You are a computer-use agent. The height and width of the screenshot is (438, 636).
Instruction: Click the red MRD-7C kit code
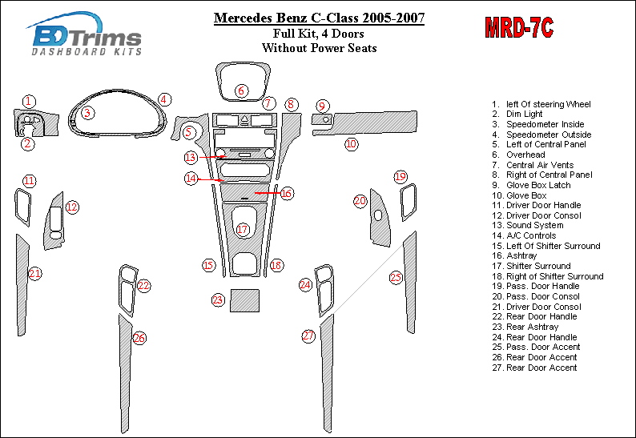(519, 28)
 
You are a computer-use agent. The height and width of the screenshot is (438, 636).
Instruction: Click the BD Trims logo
(86, 34)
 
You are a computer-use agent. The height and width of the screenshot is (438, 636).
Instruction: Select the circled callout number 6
(241, 90)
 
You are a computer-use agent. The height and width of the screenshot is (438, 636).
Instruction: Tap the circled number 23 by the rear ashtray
(218, 300)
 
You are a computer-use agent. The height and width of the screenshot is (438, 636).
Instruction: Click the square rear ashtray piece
(244, 300)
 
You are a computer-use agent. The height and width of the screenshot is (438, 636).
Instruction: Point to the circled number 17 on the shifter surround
(242, 230)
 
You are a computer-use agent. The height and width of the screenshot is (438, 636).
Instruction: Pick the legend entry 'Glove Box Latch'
(531, 185)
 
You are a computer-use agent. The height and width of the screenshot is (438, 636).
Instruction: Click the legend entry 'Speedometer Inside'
(537, 124)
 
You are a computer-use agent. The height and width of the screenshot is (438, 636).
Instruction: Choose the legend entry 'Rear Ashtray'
(525, 327)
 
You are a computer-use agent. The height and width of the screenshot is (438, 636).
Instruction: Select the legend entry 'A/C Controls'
(524, 235)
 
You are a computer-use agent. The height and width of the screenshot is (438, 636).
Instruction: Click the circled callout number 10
(352, 144)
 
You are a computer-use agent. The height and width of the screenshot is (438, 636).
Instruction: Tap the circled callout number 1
(29, 102)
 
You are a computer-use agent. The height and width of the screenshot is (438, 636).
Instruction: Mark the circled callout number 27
(308, 336)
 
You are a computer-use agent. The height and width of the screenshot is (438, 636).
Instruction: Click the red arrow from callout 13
(211, 157)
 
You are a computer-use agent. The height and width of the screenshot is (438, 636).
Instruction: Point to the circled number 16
(287, 194)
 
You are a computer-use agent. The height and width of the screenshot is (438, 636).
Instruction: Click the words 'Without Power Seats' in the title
(320, 48)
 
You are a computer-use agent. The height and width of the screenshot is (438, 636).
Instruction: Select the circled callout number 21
(35, 273)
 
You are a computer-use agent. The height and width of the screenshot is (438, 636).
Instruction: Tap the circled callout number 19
(401, 176)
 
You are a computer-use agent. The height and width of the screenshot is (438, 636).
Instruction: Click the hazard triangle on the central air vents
(244, 119)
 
